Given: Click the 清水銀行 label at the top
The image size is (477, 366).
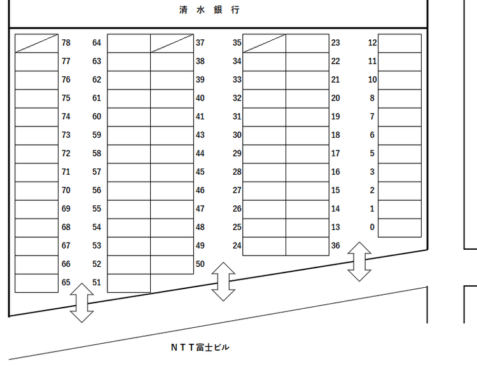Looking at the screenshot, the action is coord(209,10).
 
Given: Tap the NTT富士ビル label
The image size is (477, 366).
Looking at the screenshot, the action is coord(200,347).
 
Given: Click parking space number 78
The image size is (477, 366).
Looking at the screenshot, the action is coord(66,43).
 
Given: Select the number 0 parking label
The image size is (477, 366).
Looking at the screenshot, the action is coord(372,227).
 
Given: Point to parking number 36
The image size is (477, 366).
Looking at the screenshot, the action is coord(336,246).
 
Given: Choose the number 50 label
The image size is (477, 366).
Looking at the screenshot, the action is coord(200,264).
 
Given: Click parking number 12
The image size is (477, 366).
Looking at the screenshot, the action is coord(372,43).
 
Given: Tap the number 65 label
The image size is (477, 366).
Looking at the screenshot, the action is coord(66,282).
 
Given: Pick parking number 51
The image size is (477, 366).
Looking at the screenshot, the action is coord(97,282).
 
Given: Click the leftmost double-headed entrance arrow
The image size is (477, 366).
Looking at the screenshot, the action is coord(82,302).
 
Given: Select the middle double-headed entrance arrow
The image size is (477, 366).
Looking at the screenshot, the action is coord(223,281).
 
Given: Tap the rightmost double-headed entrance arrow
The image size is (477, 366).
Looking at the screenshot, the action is coord(359,261).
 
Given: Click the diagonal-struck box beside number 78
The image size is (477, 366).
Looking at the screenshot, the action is coord(36,43).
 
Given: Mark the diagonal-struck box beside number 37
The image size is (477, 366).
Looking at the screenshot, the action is coord(172,43).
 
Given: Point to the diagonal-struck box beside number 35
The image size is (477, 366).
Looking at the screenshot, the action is coord(265,43).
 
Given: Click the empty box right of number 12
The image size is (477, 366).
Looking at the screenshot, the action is coord(400,43).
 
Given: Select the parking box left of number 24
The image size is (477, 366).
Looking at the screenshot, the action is coord(265,247).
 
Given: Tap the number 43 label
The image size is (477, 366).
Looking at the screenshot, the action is coord(200,135).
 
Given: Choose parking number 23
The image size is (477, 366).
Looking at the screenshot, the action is coord(336,43).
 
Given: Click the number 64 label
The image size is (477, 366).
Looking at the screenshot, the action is coord(97,43).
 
